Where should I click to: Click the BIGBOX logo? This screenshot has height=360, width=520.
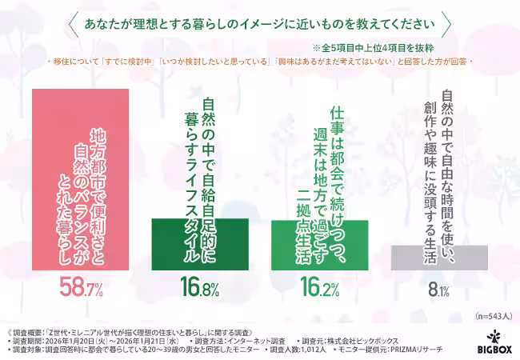click(497, 342)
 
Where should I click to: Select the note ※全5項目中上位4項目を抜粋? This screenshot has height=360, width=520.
click(379, 49)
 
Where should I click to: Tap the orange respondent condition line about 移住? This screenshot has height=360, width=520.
click(259, 61)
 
